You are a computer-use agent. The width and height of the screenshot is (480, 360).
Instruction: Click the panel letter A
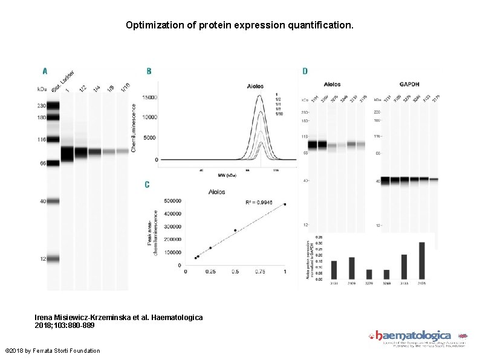[x=44, y=71]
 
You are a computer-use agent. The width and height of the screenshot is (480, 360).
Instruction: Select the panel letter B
[x=149, y=71]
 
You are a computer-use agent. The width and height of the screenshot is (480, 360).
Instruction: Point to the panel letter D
[x=305, y=71]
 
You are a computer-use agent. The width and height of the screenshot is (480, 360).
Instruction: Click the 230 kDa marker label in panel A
[x=42, y=104]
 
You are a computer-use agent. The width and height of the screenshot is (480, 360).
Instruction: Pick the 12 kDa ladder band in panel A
[x=53, y=258]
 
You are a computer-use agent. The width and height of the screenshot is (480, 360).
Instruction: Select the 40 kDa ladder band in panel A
[x=53, y=201]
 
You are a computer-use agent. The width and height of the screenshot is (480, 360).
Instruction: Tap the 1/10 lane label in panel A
[x=125, y=88]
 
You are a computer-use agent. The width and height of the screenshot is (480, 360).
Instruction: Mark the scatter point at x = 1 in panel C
[x=285, y=204]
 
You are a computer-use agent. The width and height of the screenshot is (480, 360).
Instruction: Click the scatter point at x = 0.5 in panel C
[x=235, y=230]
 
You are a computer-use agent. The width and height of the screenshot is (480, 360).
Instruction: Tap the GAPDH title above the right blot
[x=409, y=84]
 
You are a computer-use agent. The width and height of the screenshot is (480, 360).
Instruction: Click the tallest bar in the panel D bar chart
[x=421, y=261]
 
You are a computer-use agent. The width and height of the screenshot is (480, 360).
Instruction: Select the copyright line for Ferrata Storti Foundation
[x=53, y=351]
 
